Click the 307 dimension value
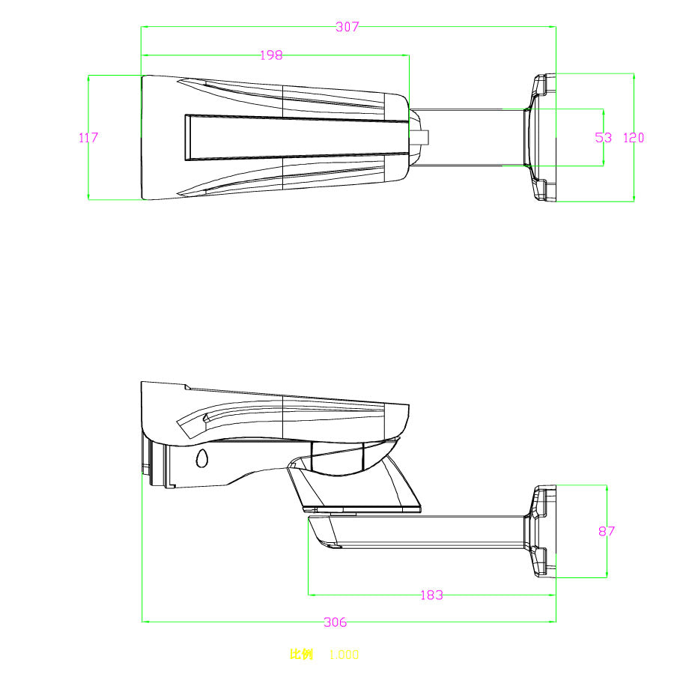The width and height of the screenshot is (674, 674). pos(347,27)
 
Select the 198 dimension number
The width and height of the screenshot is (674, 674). pos(271,55)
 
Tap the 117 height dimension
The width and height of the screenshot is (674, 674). pos(88,138)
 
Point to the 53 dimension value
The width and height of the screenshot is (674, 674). pos(603,138)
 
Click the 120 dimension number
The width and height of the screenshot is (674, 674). pos(634,138)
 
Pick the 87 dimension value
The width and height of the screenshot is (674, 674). pos(607,531)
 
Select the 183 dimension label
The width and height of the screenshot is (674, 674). pos(431,595)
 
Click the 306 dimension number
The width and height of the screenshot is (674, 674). pos(335,622)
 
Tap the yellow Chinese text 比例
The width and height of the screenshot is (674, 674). pos(301,655)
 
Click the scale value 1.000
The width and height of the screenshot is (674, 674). pos(344,655)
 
